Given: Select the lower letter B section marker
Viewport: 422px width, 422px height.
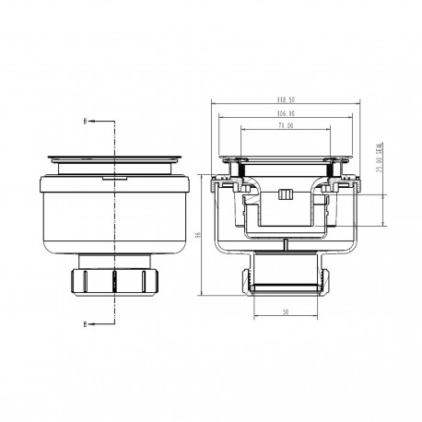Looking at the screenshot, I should tap(88, 323).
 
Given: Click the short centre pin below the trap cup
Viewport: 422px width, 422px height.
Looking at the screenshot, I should tap(286, 244).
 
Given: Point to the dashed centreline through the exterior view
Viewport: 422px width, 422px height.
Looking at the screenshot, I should tap(114, 221).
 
